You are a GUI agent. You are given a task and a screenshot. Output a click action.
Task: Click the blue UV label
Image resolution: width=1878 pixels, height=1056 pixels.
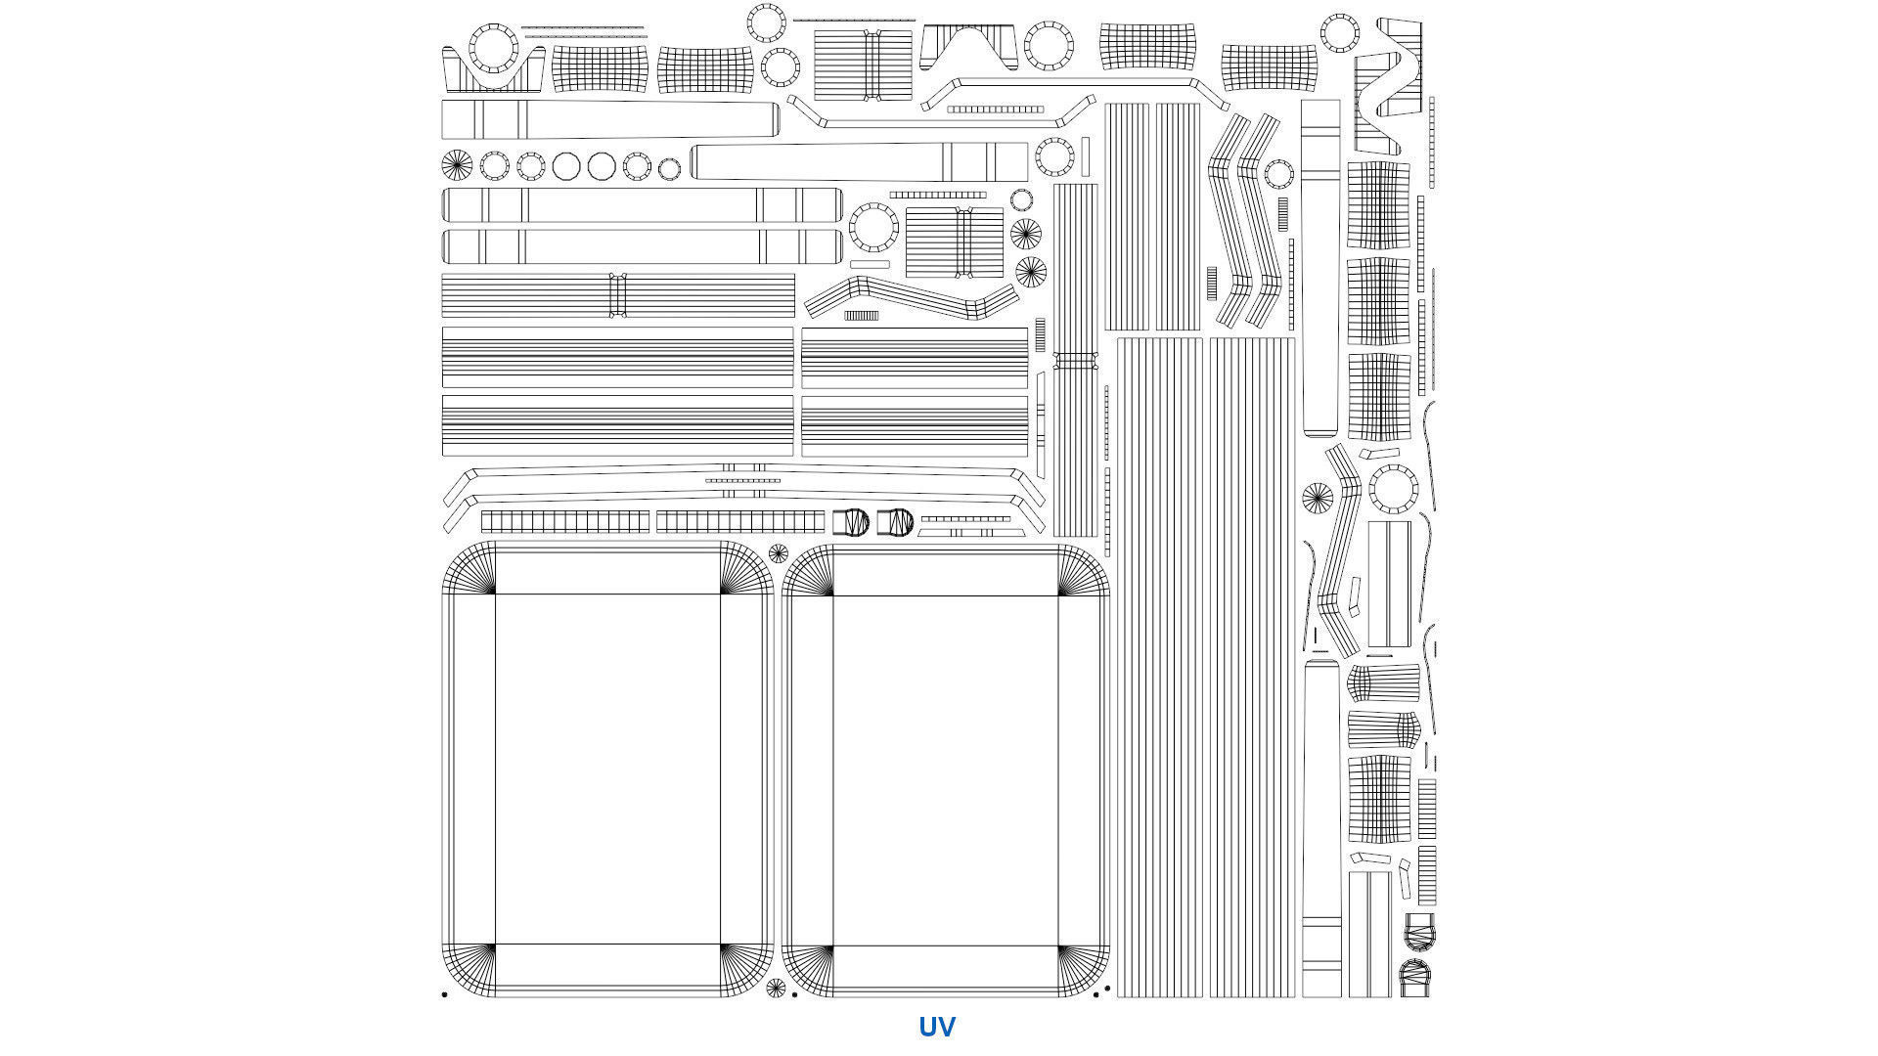pos(936,1027)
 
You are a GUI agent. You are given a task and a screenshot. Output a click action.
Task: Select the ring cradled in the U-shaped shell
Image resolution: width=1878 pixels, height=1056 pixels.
pos(493,48)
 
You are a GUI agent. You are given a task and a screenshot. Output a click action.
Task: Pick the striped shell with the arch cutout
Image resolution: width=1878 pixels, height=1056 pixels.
pos(968,45)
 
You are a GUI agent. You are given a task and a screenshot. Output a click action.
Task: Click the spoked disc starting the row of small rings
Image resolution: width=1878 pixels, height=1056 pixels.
pos(457,165)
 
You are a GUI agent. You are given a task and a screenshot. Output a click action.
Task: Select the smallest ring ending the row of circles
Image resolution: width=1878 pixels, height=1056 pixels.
pos(669,169)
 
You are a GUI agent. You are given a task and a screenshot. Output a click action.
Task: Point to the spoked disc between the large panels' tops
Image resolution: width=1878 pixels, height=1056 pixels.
pos(778,553)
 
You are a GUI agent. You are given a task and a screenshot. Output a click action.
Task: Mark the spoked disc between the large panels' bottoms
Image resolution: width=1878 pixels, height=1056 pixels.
pos(776,988)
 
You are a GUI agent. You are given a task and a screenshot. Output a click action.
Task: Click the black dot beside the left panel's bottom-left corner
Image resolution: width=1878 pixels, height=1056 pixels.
pos(444,994)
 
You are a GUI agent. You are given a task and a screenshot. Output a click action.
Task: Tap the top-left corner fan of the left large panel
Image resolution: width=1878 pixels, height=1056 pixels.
pos(470,569)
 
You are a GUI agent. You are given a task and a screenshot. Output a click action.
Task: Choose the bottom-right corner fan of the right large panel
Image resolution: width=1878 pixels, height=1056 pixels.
pos(1082,970)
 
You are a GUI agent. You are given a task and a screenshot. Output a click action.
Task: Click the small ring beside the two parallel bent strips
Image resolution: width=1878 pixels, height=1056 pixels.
pos(1278,174)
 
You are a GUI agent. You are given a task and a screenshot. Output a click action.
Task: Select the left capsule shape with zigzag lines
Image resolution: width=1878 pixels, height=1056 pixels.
pos(851,522)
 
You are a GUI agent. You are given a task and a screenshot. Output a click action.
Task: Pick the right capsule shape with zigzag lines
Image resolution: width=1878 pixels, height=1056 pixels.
pos(895,522)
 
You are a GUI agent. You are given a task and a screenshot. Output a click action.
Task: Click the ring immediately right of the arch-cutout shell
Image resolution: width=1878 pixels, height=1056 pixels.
pos(1049,46)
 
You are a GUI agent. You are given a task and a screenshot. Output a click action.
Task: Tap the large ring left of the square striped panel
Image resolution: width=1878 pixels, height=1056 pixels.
pos(873,227)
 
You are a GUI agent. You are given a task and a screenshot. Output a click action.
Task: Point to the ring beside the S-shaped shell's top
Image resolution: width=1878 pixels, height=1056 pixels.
pos(1339,33)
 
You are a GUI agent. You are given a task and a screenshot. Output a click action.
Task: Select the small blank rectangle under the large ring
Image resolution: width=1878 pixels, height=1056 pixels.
pos(870,264)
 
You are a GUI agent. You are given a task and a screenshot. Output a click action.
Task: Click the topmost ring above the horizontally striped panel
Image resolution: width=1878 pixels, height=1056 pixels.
pos(766,22)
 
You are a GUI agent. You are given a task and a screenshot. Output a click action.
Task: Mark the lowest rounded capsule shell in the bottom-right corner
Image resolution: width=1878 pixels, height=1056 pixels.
pos(1415,977)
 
